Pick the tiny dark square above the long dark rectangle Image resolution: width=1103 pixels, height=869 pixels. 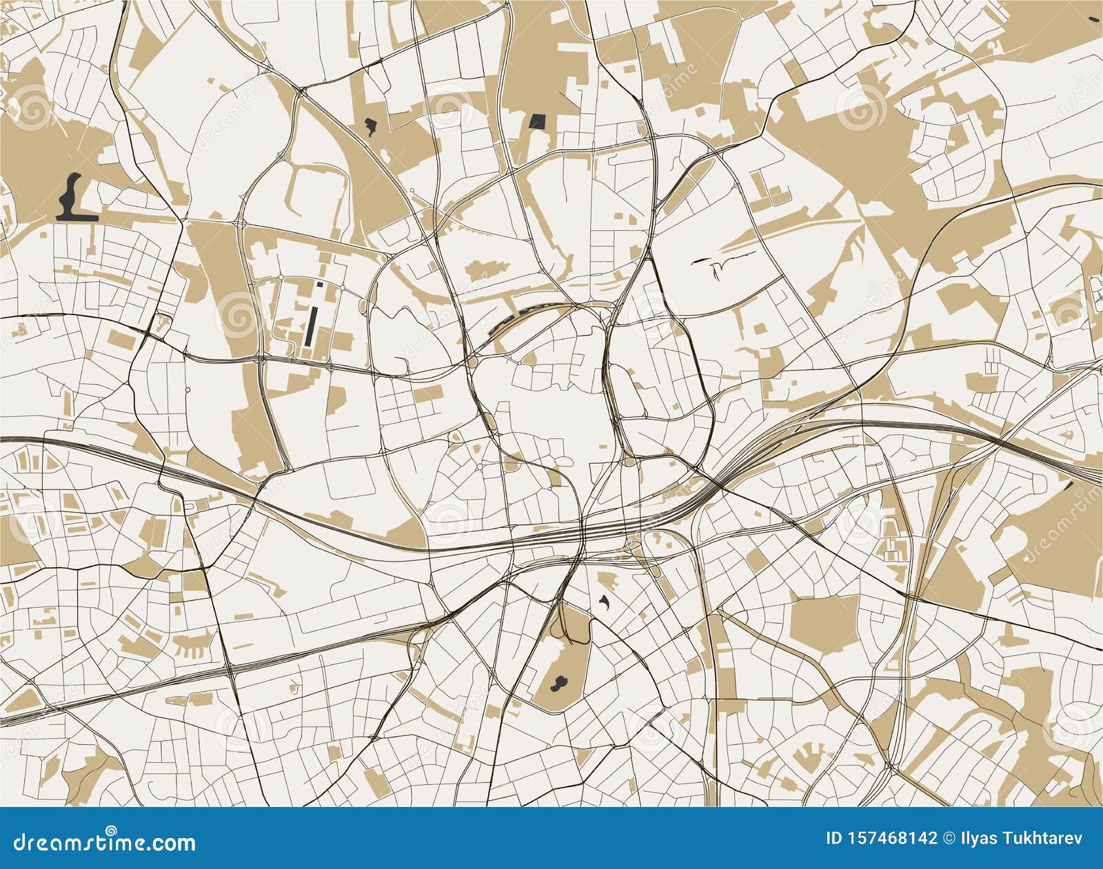(x=319, y=283)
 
